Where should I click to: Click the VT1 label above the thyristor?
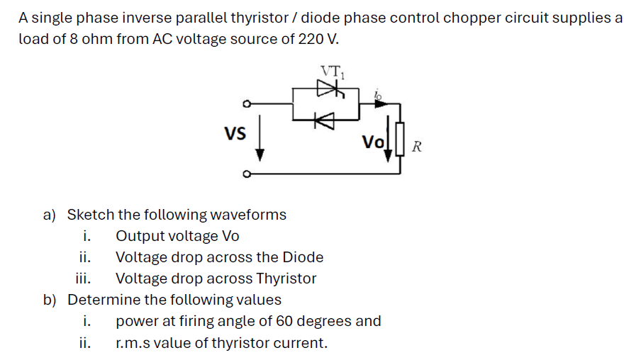click(333, 72)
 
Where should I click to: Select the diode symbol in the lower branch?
click(324, 120)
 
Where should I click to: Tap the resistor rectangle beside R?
click(400, 139)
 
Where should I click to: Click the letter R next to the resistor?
click(417, 147)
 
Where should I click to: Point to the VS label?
click(235, 133)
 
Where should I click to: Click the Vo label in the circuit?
click(373, 142)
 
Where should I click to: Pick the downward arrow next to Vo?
click(388, 139)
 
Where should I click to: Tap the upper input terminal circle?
click(247, 104)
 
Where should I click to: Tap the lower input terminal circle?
click(247, 174)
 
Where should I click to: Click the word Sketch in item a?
click(91, 215)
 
